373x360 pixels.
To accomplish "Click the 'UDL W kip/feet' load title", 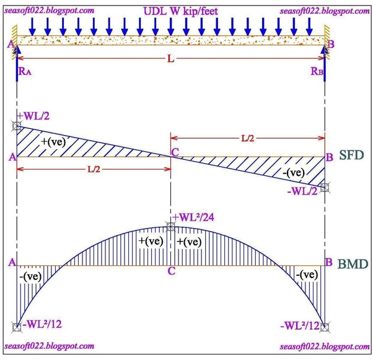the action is click(180, 11).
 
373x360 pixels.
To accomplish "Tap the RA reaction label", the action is click(25, 71).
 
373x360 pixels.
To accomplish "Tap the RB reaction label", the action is click(317, 71).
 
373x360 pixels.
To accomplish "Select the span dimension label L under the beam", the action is click(171, 58).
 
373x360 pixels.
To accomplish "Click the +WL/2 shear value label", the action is click(33, 116).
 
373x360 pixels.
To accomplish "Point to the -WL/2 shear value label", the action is click(302, 191).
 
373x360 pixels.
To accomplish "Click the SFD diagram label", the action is click(351, 155).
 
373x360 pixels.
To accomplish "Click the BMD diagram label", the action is click(353, 264).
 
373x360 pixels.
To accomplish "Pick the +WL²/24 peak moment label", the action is click(193, 217).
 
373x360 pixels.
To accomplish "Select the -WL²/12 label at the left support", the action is click(42, 324).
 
